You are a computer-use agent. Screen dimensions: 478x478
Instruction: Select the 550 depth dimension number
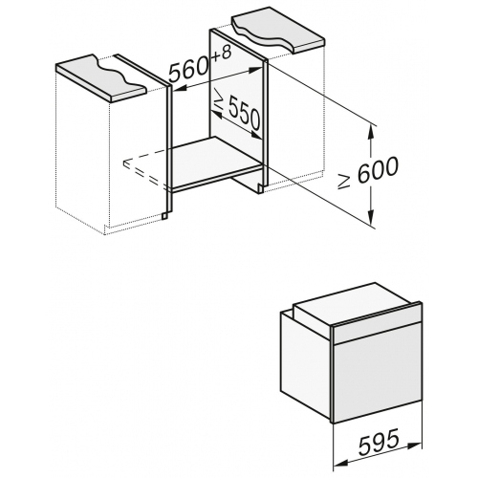pyautogui.click(x=245, y=114)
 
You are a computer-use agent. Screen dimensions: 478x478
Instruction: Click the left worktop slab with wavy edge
pyautogui.click(x=101, y=78)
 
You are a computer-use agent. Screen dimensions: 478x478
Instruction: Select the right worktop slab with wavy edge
pyautogui.click(x=279, y=33)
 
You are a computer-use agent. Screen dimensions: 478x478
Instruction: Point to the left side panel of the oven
pyautogui.click(x=306, y=364)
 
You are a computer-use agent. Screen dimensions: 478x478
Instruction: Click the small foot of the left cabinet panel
pyautogui.click(x=164, y=216)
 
